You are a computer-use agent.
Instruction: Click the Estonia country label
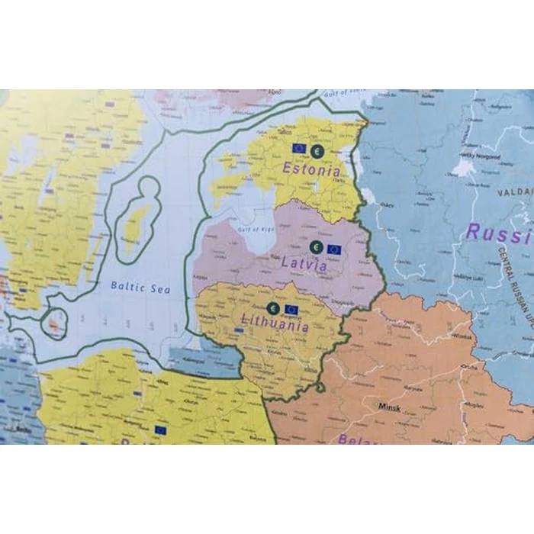(311, 170)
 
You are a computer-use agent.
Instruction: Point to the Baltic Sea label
(140, 288)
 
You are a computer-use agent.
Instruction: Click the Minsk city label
(389, 407)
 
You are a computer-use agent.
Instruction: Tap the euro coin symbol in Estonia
(317, 151)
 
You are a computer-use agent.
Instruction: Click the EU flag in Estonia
(299, 149)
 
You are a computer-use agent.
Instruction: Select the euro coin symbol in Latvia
(316, 247)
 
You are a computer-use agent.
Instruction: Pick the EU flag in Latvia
(334, 249)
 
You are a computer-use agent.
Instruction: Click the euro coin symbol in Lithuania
(273, 308)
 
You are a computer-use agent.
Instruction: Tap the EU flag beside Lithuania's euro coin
(291, 310)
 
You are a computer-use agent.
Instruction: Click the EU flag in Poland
(160, 430)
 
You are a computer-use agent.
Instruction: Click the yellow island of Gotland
(137, 222)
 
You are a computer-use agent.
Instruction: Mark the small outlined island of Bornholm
(55, 324)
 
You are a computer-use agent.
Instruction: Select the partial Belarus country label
(359, 439)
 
